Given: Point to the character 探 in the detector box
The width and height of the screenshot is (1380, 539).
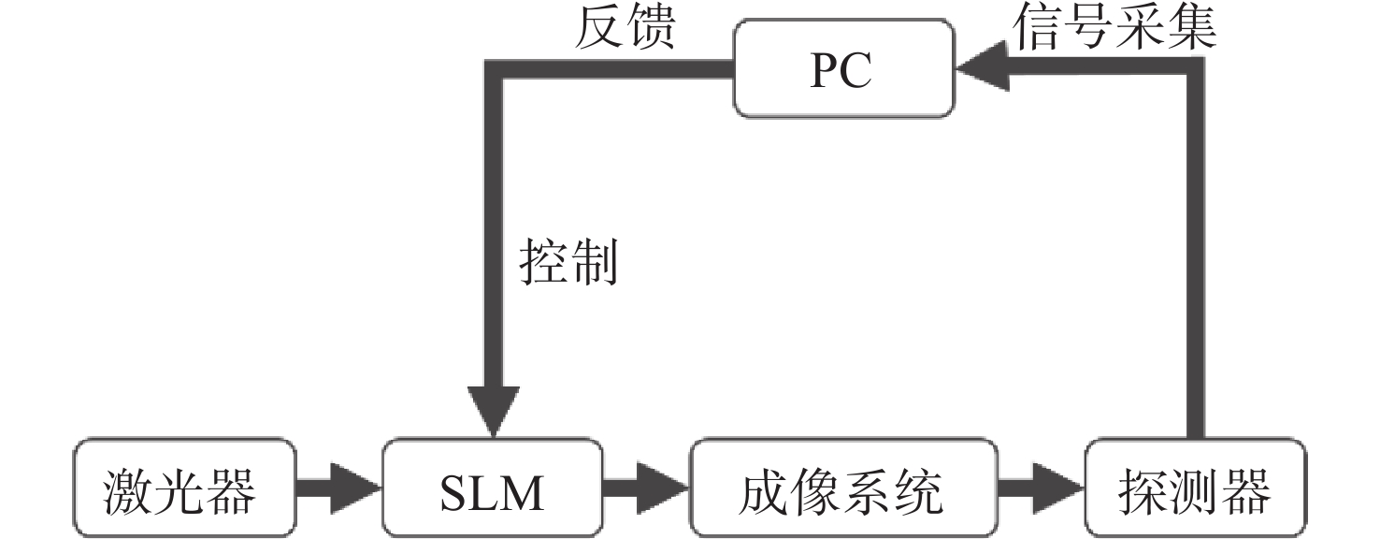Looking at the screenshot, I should tap(1143, 490).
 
